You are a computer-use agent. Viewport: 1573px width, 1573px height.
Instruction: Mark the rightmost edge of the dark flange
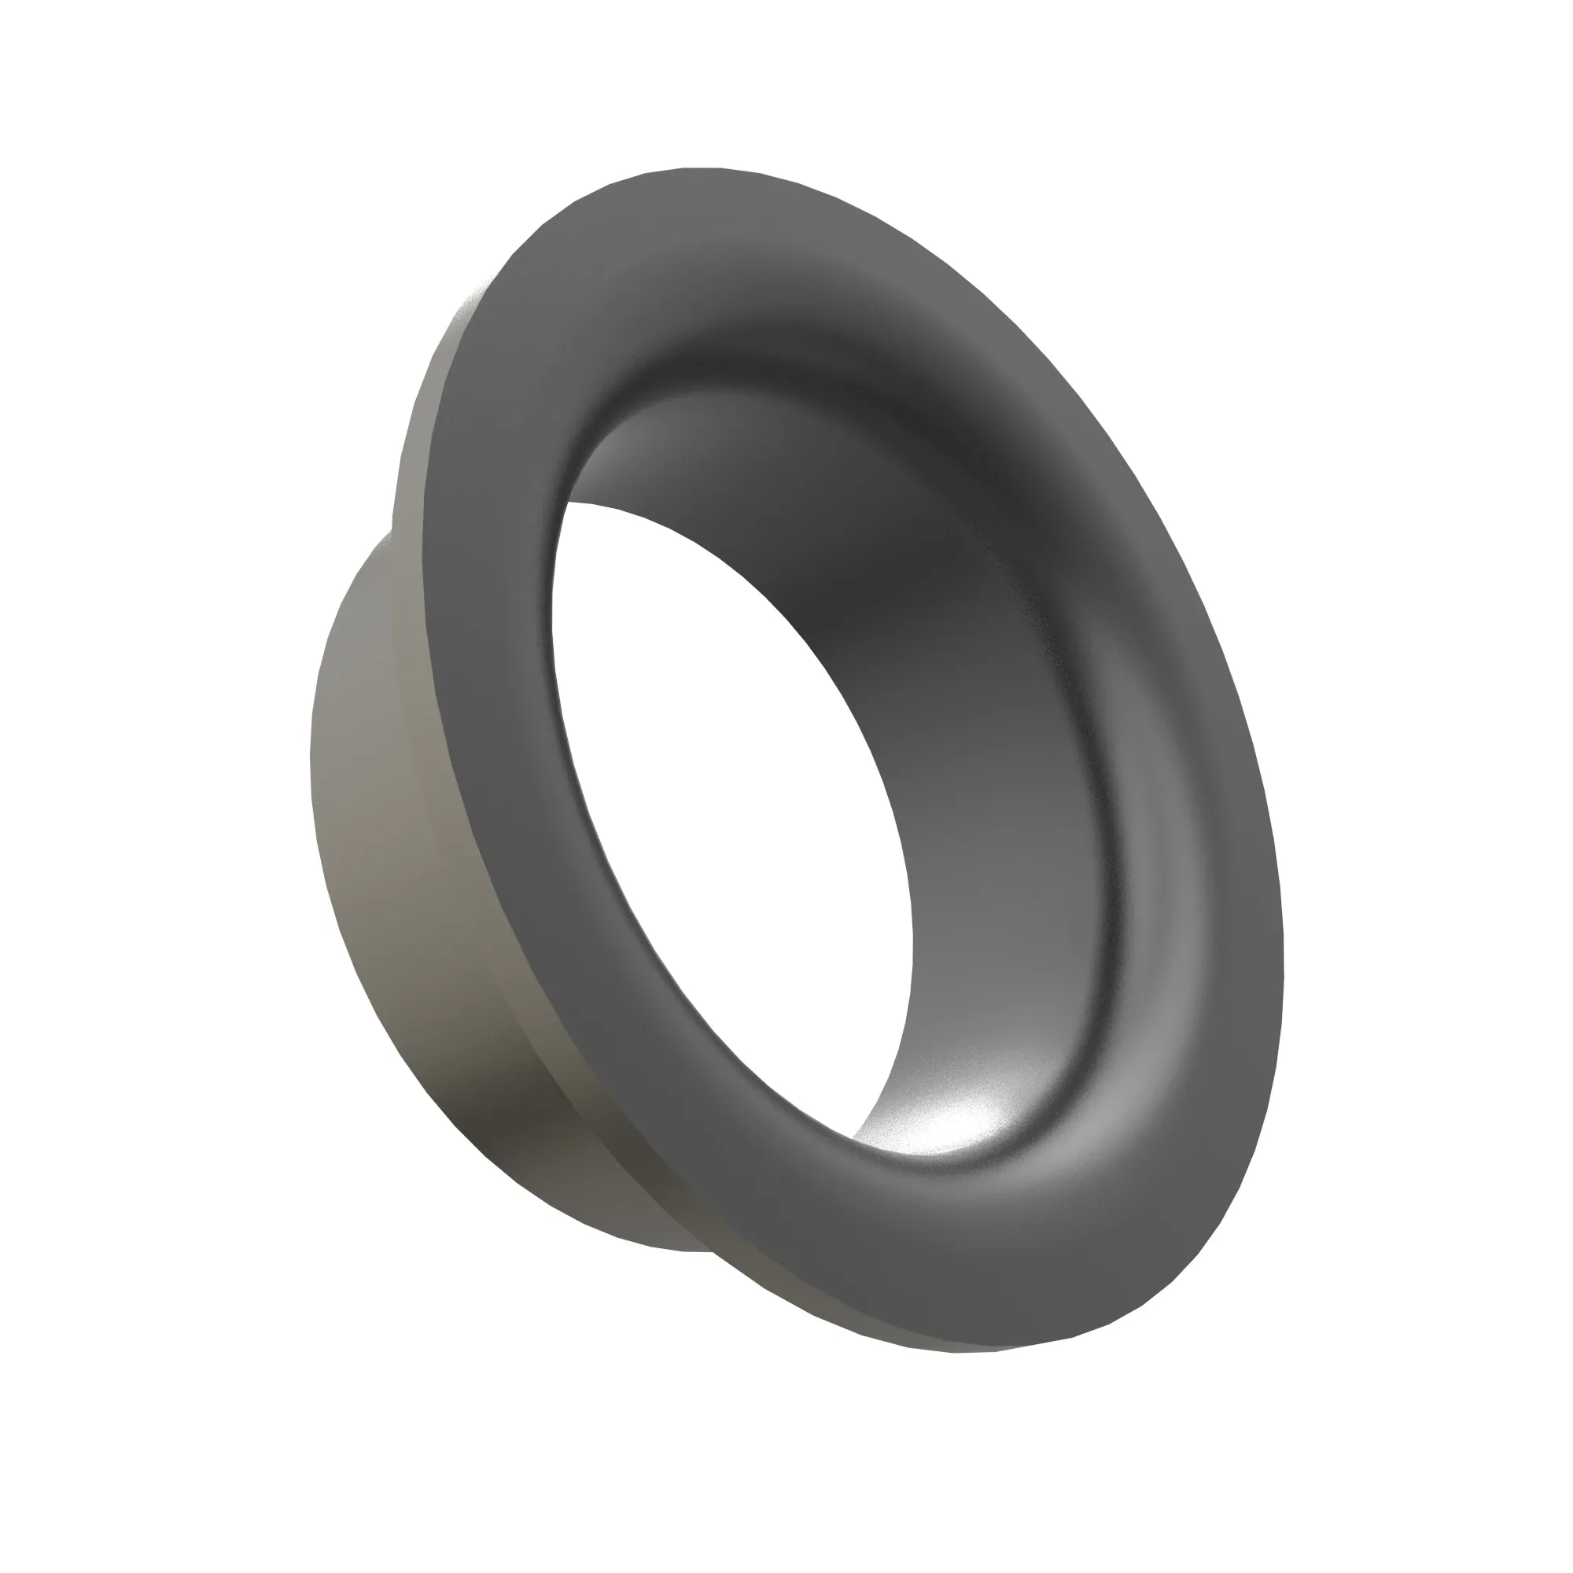coord(1281,936)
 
